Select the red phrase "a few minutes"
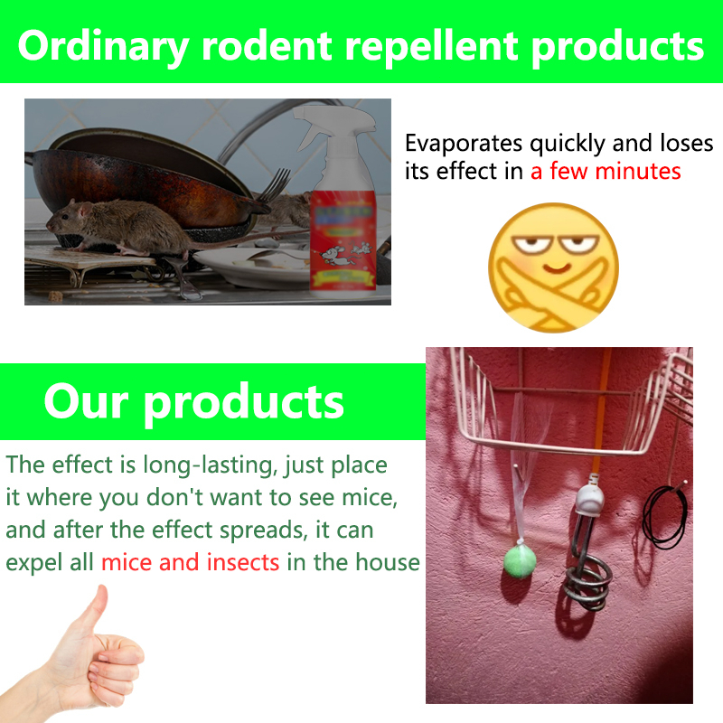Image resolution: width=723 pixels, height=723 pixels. pyautogui.click(x=606, y=171)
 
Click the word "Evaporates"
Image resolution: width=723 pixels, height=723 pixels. pyautogui.click(x=464, y=144)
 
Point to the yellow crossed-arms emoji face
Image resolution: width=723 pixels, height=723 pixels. pyautogui.click(x=553, y=268)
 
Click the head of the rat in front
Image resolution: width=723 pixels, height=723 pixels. pyautogui.click(x=64, y=217)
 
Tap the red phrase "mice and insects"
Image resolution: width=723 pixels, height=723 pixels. pyautogui.click(x=190, y=562)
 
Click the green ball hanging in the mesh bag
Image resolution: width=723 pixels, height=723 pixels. pyautogui.click(x=520, y=559)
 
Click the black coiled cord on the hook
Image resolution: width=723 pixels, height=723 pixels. pyautogui.click(x=665, y=517)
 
